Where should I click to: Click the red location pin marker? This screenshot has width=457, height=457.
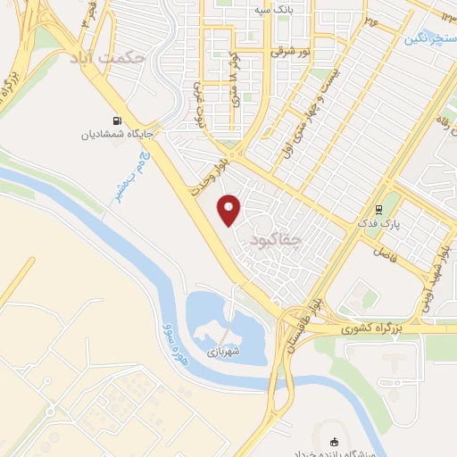click(230, 210)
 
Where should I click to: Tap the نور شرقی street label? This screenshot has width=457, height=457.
click(290, 51)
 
